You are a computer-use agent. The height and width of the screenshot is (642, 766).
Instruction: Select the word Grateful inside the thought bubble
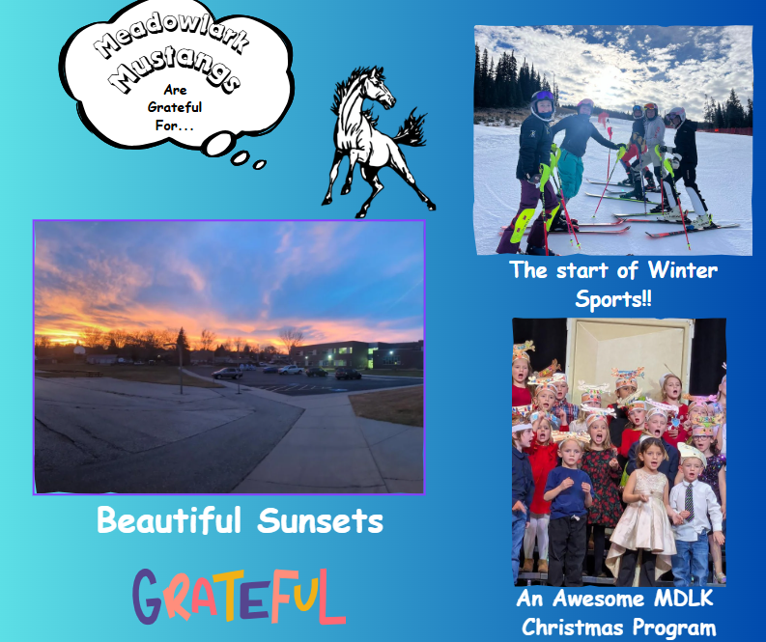[175, 107]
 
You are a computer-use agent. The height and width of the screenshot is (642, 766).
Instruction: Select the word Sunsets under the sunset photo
[321, 522]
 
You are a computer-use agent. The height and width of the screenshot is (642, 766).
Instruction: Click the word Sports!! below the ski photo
[613, 299]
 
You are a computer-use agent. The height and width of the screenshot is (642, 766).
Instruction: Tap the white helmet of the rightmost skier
[676, 115]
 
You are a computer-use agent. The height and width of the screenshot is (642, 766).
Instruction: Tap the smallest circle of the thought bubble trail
[259, 164]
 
